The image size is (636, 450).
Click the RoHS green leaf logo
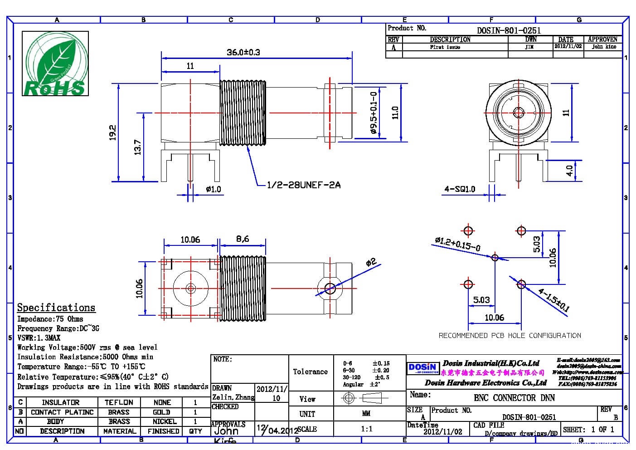(x=55, y=64)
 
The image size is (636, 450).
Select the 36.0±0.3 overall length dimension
(x=243, y=52)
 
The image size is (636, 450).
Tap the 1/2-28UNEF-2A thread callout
(x=304, y=185)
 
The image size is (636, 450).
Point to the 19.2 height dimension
(x=113, y=132)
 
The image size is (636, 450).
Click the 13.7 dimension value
(x=138, y=147)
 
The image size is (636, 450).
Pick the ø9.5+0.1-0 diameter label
(x=374, y=113)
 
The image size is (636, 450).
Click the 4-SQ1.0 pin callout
(x=459, y=189)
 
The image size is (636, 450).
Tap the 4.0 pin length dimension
(x=569, y=171)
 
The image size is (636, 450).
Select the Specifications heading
(x=56, y=308)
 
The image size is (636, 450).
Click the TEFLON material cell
(x=119, y=402)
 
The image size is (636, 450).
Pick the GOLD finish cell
(x=161, y=412)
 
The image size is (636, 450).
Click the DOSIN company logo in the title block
(x=422, y=367)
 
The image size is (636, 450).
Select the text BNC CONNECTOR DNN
(x=514, y=398)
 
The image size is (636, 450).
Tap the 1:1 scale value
(x=366, y=429)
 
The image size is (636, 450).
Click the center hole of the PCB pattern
(x=495, y=258)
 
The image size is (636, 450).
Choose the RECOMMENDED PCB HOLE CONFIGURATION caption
(x=510, y=336)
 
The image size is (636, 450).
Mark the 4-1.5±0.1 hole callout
(x=553, y=300)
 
